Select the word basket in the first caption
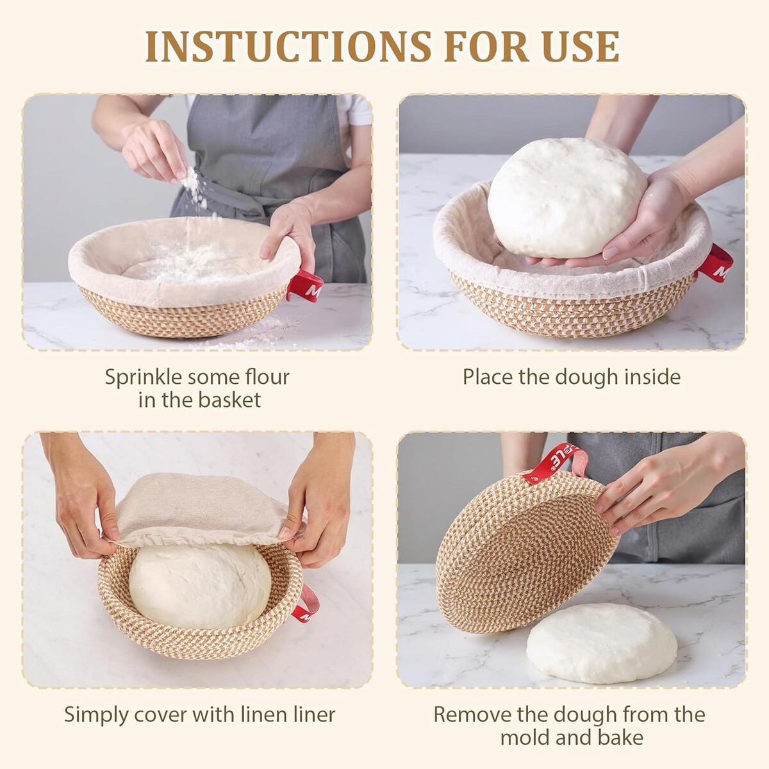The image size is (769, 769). (229, 399)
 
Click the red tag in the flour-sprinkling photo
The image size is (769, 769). (305, 286)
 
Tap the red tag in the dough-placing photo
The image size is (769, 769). (715, 264)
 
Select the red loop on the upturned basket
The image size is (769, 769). (556, 463)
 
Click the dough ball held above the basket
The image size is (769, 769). (566, 197)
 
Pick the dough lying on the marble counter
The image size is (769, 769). (601, 649)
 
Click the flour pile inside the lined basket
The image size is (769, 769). (188, 263)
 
